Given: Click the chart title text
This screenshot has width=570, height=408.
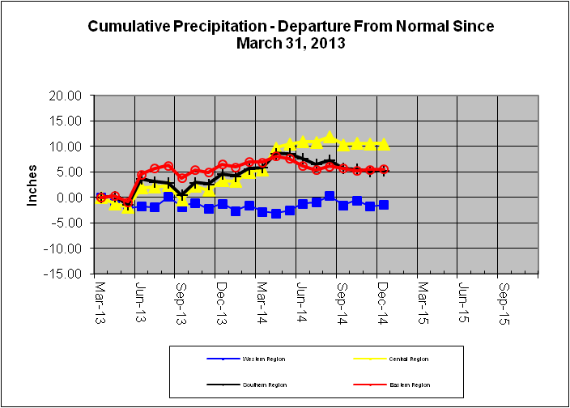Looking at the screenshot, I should coord(290,34).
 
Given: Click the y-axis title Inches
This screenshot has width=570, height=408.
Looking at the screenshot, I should coord(33,185).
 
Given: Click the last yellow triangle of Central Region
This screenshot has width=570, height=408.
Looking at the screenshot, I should coord(384,144).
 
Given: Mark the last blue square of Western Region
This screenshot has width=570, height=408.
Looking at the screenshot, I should coord(384,205).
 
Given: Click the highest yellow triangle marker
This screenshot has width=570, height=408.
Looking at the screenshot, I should coord(330,137).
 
